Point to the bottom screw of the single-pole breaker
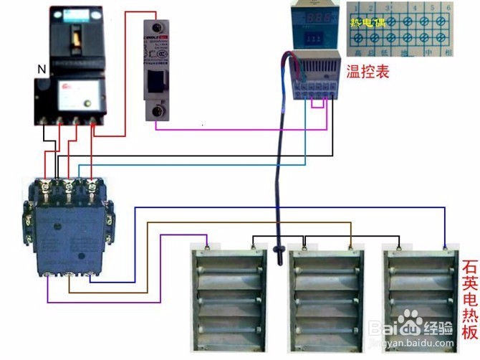tap(156, 111)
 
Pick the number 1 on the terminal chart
tap(352, 6)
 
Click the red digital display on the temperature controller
tap(310, 17)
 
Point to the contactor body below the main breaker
tap(69, 227)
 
